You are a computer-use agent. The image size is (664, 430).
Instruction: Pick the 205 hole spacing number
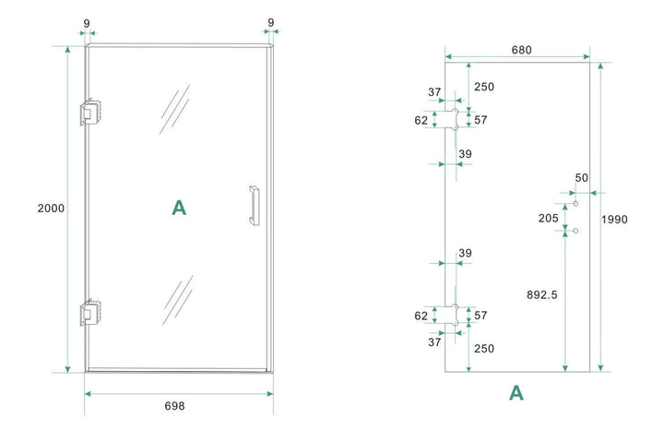(548, 218)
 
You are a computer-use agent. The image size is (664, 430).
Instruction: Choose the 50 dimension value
(581, 177)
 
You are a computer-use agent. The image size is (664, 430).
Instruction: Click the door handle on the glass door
(252, 205)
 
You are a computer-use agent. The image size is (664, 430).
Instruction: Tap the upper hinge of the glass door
(89, 112)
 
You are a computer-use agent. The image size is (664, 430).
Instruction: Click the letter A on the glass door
(179, 209)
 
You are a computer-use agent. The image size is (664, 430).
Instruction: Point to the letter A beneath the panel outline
(516, 393)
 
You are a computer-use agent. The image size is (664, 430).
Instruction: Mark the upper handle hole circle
(575, 203)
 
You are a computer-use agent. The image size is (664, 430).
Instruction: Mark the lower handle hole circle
(575, 231)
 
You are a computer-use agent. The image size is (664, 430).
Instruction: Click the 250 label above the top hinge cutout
(484, 87)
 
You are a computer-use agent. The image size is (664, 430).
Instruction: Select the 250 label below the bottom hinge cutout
(484, 349)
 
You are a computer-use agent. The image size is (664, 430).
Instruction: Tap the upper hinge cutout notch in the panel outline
(452, 118)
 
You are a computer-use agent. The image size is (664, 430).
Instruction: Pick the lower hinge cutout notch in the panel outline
(452, 316)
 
